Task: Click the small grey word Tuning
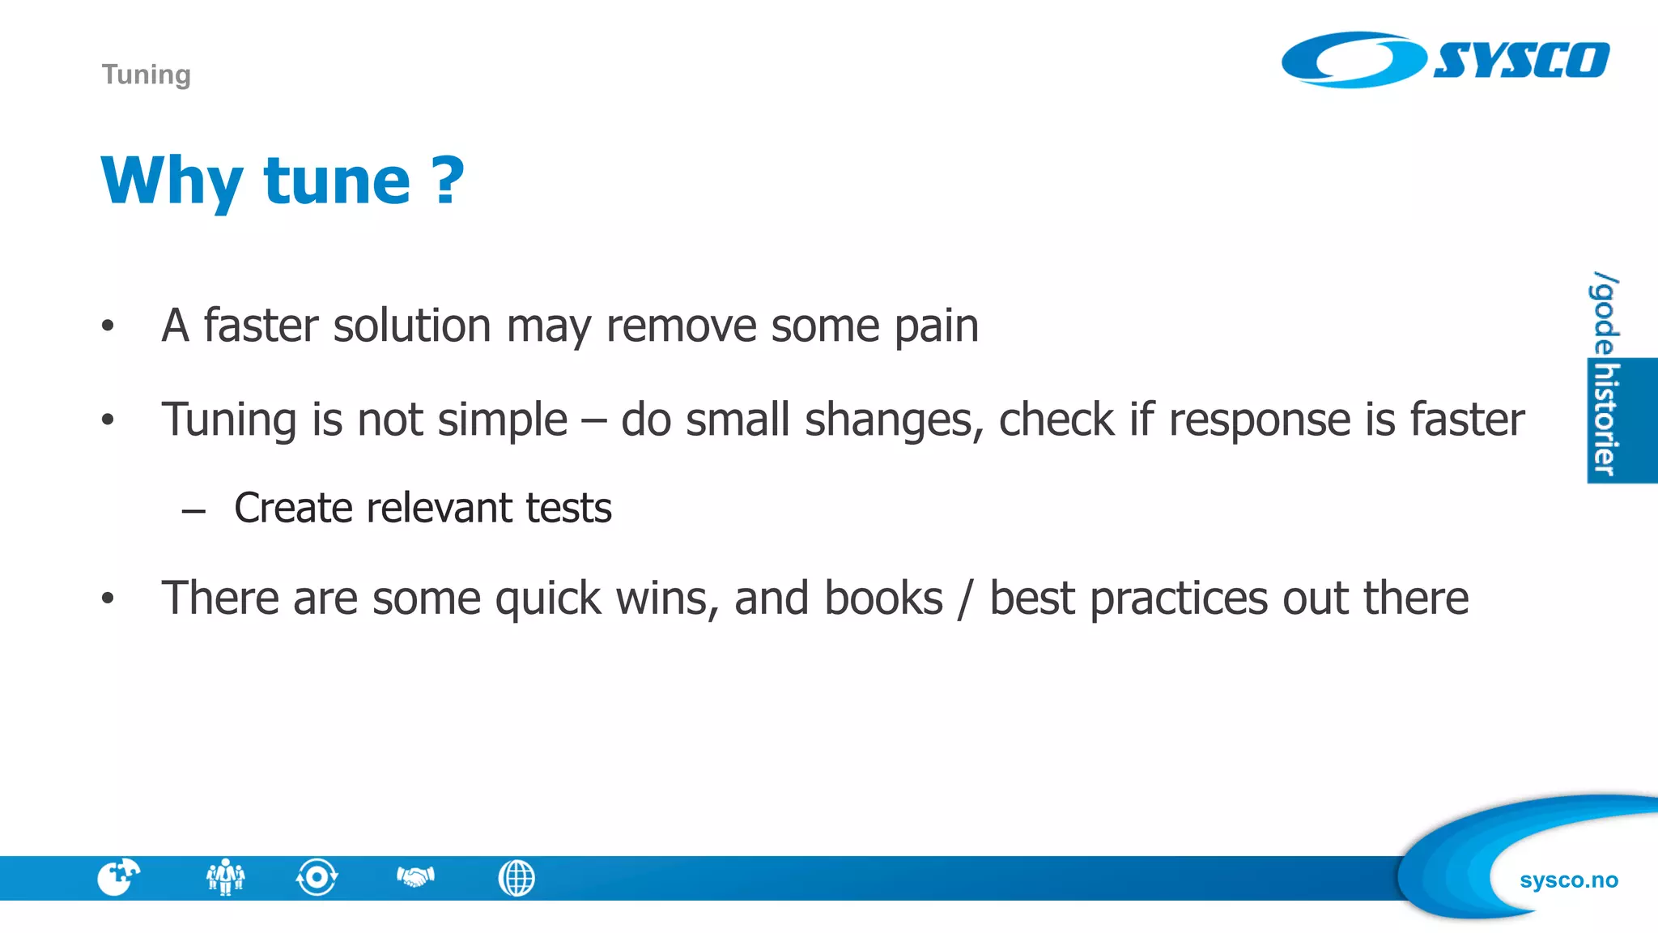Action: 147,75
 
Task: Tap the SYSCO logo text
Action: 1521,61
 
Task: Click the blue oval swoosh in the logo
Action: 1352,60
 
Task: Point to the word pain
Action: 937,326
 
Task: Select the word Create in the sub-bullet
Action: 293,509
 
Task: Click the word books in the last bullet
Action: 883,599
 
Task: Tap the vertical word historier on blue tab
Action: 1605,420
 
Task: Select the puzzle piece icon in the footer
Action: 118,877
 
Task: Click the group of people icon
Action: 225,877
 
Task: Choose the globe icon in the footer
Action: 517,878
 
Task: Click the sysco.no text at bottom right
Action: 1568,880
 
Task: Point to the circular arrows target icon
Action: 317,877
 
